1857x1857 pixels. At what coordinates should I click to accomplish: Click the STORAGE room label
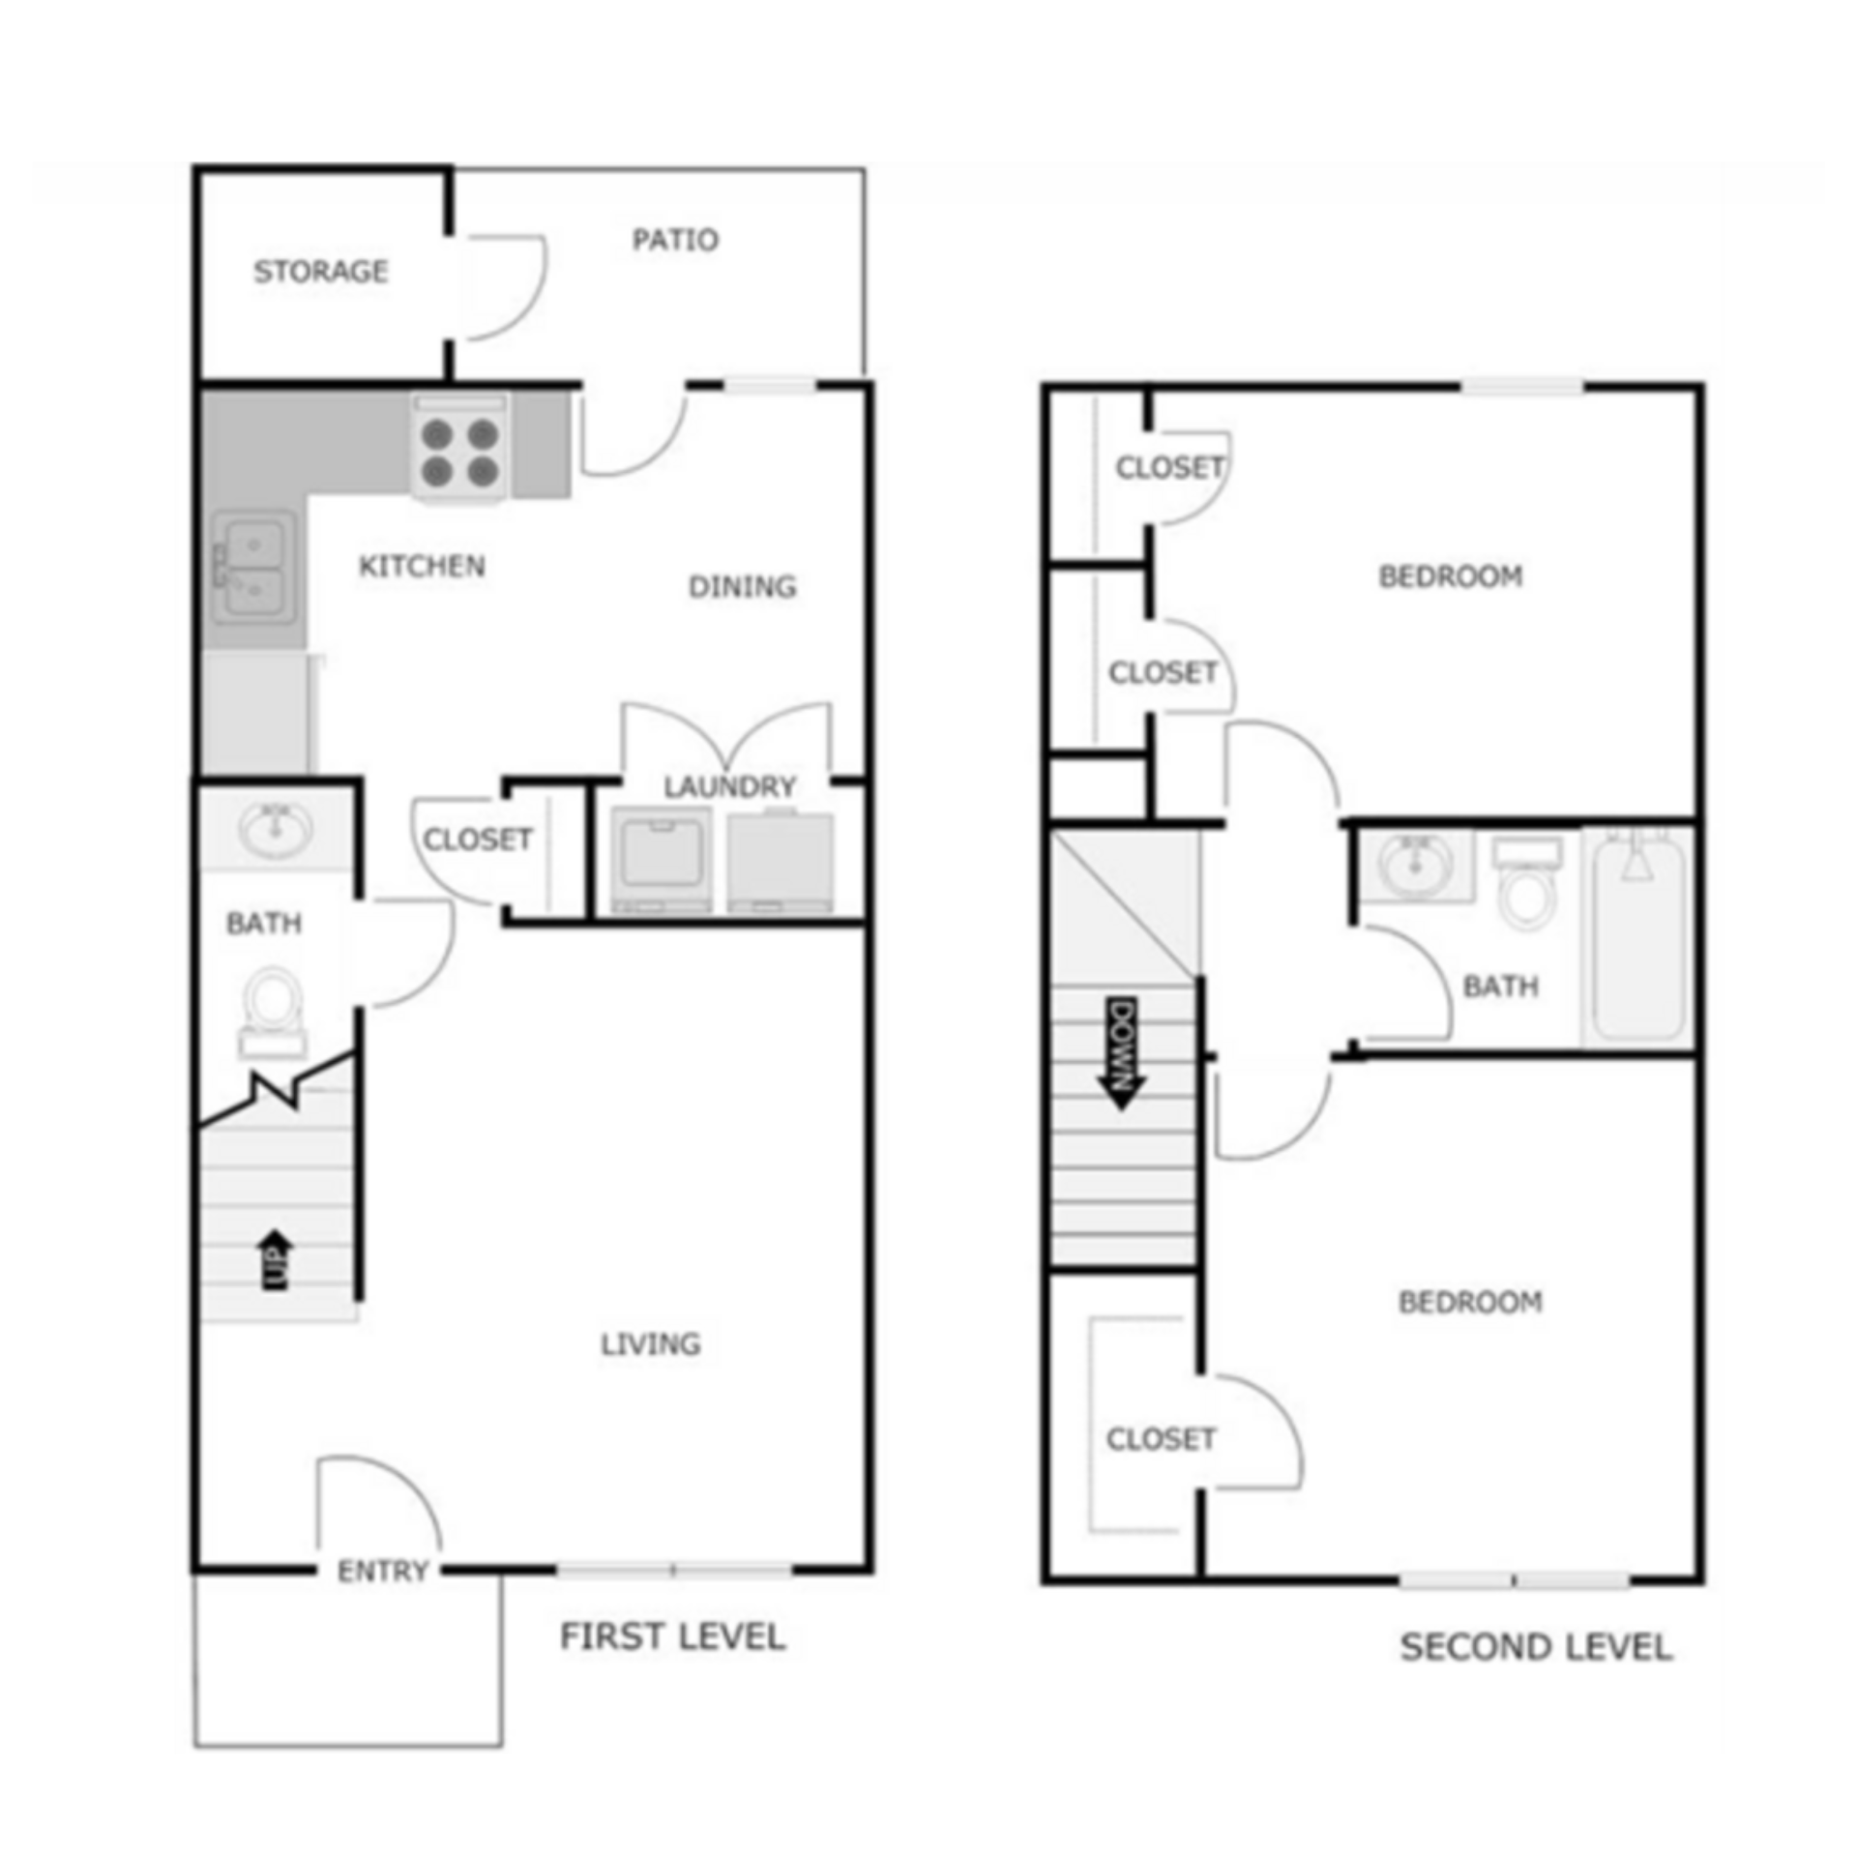[x=320, y=271]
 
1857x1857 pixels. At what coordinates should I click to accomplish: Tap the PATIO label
[x=675, y=239]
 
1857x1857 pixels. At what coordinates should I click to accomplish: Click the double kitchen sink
[x=253, y=568]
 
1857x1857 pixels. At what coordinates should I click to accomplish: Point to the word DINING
[x=742, y=586]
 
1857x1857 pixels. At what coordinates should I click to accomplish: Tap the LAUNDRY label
[x=729, y=786]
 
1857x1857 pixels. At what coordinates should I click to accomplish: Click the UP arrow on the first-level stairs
[x=277, y=1259]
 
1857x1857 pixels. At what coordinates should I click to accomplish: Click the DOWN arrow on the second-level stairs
[x=1123, y=1053]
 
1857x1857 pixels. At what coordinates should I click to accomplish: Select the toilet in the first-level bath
[x=273, y=1004]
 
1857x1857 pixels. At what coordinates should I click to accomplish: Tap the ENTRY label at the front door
[x=382, y=1572]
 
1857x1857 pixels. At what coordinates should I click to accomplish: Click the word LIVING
[x=650, y=1343]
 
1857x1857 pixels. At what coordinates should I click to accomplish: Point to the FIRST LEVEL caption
[x=672, y=1636]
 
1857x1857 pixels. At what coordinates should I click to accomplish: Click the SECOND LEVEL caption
[x=1536, y=1646]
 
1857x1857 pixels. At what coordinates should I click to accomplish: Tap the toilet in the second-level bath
[x=1527, y=888]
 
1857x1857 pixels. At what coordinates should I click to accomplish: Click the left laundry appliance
[x=662, y=859]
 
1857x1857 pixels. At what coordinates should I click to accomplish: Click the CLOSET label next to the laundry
[x=477, y=839]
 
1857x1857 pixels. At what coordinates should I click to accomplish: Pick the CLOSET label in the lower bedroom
[x=1160, y=1439]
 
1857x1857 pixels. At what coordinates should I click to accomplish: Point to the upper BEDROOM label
[x=1450, y=576]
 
